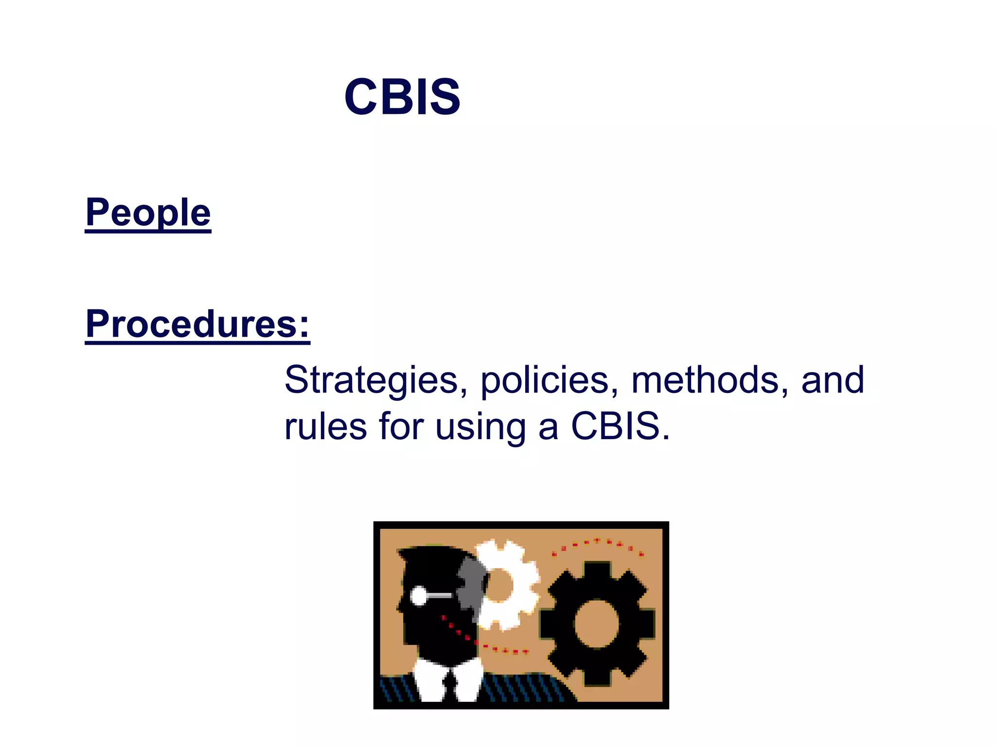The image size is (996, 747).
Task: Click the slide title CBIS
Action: point(402,97)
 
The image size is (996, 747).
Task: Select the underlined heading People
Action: point(148,213)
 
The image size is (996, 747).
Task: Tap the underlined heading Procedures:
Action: point(197,324)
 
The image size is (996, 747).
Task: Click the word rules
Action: point(325,427)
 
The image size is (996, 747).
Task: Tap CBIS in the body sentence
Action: point(615,427)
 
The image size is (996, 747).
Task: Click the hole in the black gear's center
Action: point(596,623)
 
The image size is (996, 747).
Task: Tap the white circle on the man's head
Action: point(419,596)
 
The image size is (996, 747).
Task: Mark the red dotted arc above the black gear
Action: point(597,544)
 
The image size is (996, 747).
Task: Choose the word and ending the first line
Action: point(833,380)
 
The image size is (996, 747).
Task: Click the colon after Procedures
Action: point(304,325)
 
